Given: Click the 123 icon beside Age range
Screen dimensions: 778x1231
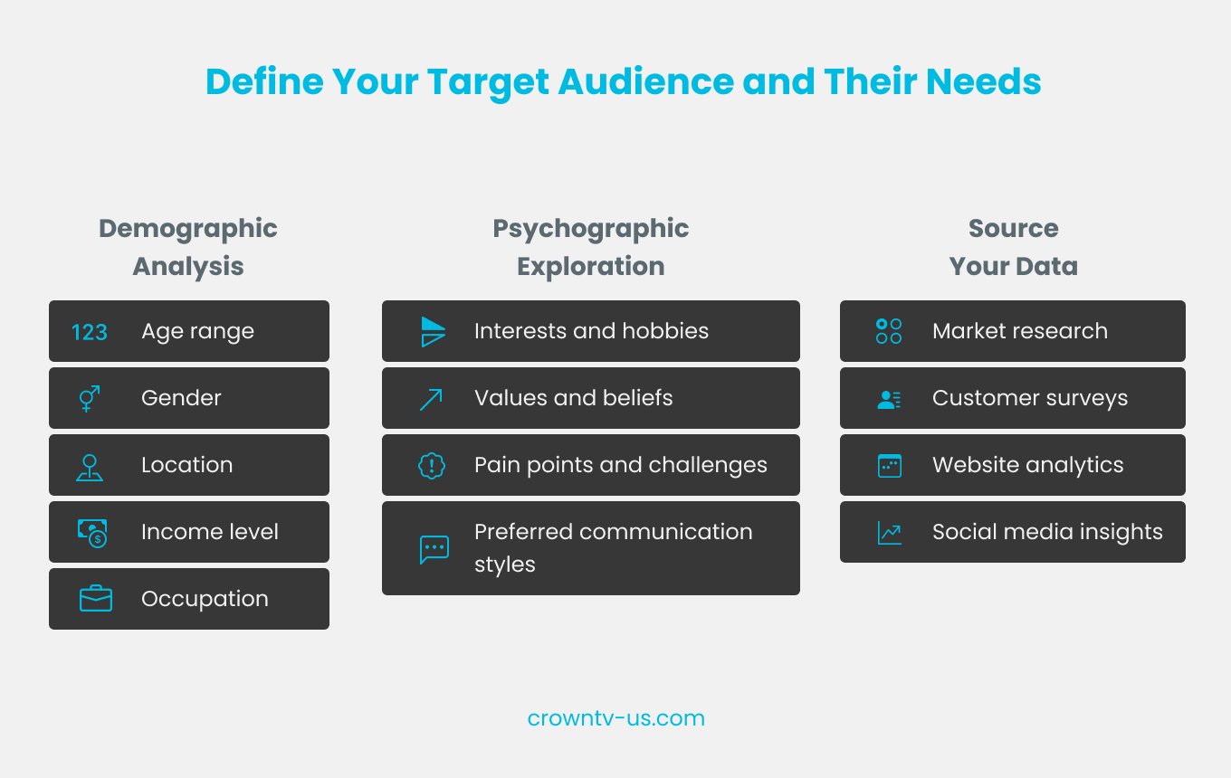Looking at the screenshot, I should click(90, 332).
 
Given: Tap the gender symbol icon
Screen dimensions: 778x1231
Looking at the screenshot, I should click(90, 398).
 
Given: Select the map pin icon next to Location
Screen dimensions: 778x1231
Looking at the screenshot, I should click(90, 467).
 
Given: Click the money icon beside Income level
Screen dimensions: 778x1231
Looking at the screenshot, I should click(92, 533).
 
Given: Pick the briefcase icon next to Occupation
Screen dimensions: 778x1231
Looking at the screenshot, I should click(95, 599).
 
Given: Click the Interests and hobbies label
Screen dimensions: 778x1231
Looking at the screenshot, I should click(591, 331).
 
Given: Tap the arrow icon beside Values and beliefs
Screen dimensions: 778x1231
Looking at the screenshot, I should click(432, 399).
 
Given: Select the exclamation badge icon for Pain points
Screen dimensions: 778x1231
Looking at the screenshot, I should click(432, 466).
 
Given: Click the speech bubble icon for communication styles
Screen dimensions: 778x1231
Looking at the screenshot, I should click(434, 549).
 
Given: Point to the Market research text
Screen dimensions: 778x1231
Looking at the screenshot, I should click(1019, 331).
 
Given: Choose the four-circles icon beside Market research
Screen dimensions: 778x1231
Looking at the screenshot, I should click(889, 331).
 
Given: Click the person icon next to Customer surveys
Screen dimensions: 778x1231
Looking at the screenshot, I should click(889, 399).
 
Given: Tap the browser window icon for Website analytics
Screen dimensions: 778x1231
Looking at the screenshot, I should click(890, 466).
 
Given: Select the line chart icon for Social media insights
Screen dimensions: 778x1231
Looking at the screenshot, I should click(889, 533).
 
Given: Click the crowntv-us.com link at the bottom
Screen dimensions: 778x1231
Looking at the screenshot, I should click(615, 718).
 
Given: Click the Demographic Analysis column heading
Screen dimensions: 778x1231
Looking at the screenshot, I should click(188, 247).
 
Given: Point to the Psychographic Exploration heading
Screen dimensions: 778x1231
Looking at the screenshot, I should click(590, 247).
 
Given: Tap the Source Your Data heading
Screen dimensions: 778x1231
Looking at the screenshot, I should click(1013, 247).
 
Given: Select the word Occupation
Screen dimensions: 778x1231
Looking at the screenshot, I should click(205, 599).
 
